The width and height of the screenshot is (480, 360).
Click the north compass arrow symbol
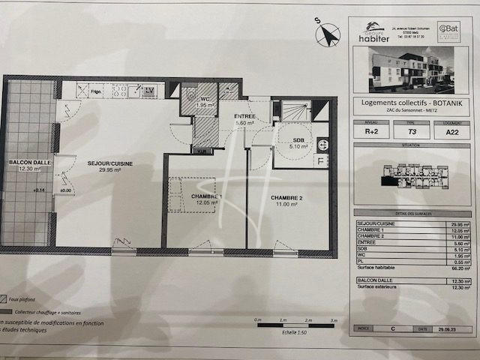click(328, 35)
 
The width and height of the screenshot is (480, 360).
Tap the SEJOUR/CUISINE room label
click(105, 162)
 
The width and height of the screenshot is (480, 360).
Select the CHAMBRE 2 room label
click(287, 198)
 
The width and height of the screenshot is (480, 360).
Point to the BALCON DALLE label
click(27, 162)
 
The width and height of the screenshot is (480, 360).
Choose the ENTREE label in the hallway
click(245, 116)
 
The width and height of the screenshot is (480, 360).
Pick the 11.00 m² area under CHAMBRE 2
click(287, 205)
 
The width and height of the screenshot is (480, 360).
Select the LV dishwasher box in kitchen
click(150, 91)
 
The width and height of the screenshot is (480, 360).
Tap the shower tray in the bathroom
click(294, 111)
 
